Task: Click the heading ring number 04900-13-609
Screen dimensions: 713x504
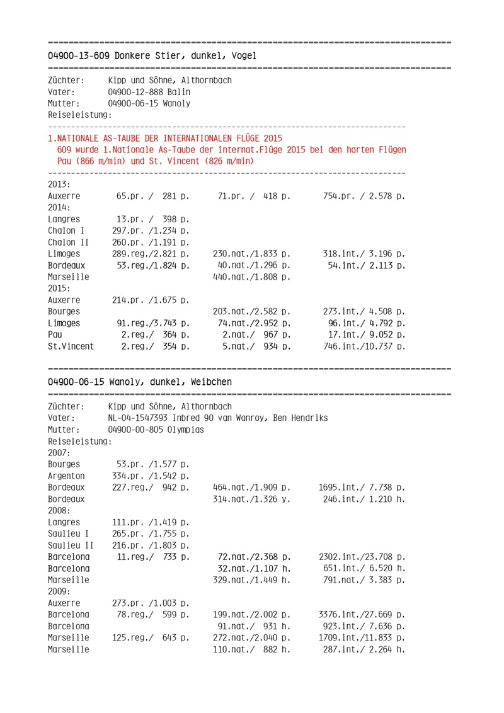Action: tap(79, 56)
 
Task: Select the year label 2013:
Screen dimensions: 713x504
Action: tap(59, 185)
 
